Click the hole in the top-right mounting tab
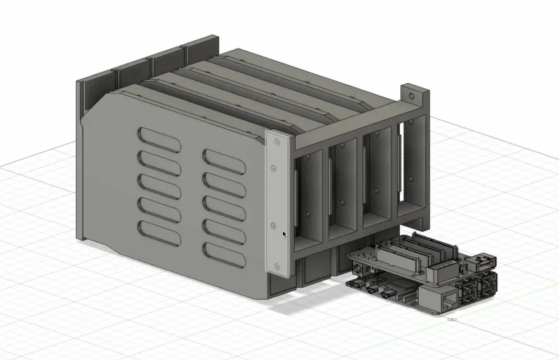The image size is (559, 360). click(x=413, y=97)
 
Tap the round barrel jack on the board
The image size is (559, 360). click(x=357, y=268)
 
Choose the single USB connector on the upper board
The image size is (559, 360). click(x=485, y=260)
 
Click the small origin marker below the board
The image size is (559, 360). click(x=452, y=318)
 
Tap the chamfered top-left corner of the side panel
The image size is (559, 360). click(x=97, y=105)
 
